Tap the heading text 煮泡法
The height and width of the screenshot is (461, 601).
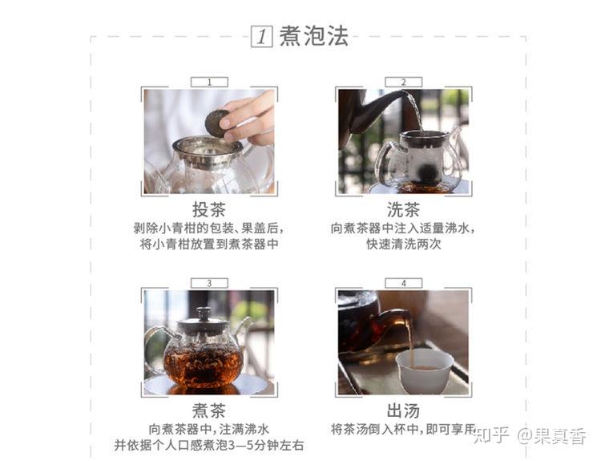[313, 37]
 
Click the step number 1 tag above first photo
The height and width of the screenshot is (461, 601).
[209, 82]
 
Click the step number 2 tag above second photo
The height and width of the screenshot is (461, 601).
[403, 82]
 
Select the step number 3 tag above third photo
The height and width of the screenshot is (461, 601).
[209, 283]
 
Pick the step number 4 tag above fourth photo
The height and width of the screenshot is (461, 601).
[403, 283]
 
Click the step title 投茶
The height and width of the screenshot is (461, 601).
[209, 210]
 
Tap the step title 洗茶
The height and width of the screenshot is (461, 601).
[403, 210]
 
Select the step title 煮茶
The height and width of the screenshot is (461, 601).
[209, 410]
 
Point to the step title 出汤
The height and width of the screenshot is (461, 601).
[403, 410]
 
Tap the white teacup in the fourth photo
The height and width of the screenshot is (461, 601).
[424, 370]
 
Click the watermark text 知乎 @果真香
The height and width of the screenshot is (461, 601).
[530, 435]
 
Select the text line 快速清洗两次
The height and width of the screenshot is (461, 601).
[403, 245]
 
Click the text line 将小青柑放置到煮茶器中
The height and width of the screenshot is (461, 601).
[209, 245]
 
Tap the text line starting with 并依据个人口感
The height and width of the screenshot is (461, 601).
[209, 445]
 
